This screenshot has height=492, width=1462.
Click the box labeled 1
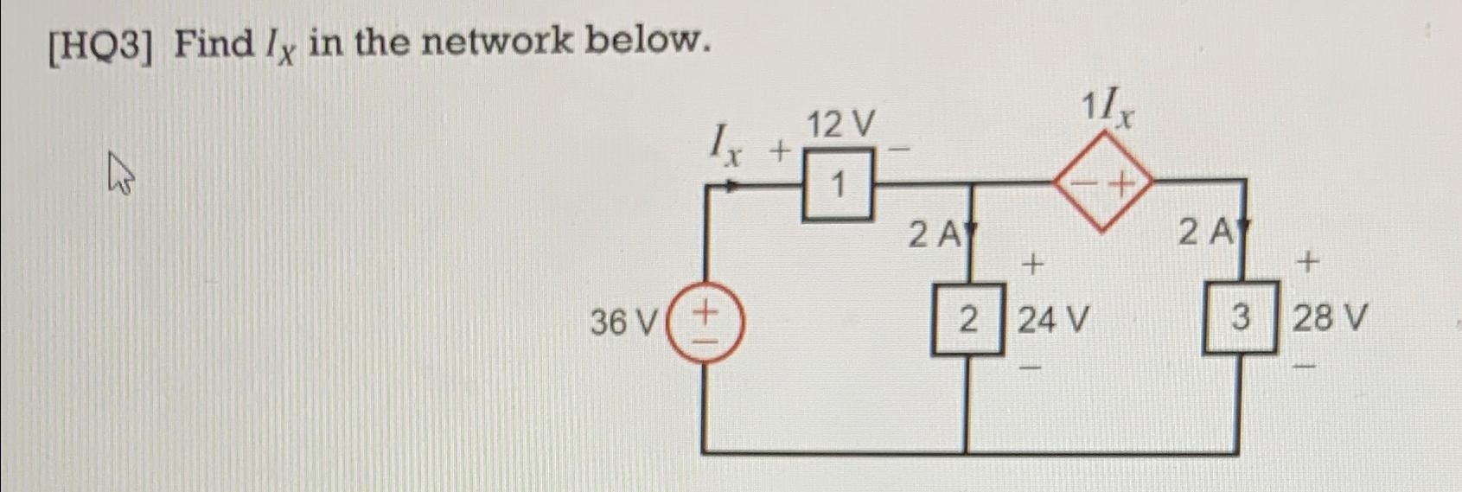(837, 184)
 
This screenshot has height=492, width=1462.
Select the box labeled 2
(967, 319)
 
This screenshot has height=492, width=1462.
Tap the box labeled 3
(1241, 317)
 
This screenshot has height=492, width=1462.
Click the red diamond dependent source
(1102, 184)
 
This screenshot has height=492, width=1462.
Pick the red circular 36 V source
(705, 322)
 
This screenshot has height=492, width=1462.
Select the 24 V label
(1052, 321)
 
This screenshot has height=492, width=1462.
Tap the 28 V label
(1330, 319)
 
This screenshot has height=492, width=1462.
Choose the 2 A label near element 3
(1207, 232)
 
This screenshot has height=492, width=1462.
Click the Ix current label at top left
(725, 143)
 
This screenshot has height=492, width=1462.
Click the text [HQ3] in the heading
(102, 44)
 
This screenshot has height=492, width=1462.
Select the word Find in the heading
(214, 42)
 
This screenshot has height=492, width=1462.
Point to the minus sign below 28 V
(1309, 369)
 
